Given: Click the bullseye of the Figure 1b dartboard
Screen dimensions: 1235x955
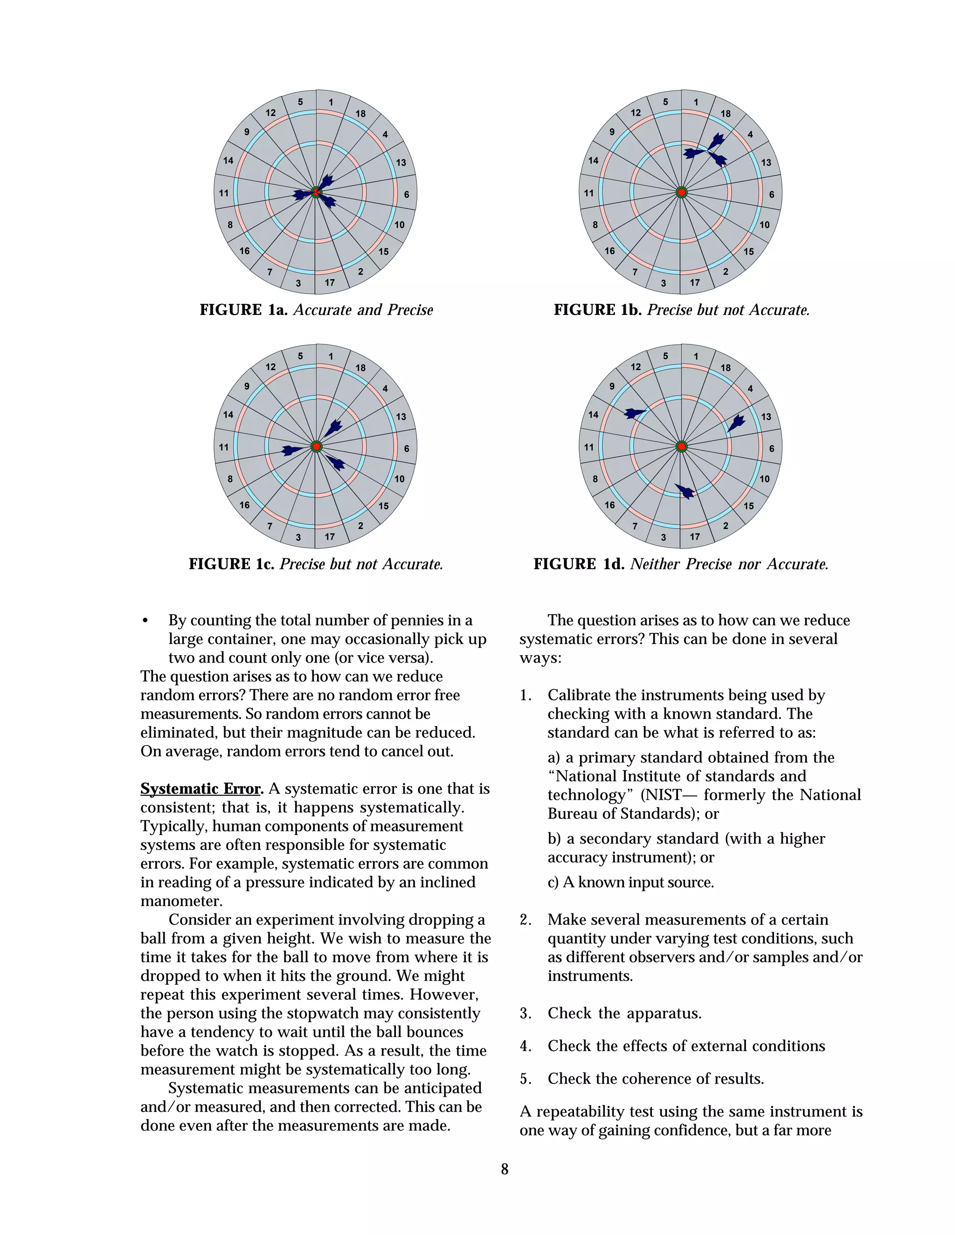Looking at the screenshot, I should (x=682, y=193).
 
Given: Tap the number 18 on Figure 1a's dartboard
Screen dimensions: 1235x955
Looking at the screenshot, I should (x=360, y=114).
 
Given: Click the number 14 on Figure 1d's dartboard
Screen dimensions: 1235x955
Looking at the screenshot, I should (x=593, y=414).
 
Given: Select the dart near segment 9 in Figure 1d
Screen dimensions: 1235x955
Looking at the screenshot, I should (x=635, y=413).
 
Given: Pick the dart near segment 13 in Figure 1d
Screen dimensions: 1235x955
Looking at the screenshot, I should (x=735, y=422).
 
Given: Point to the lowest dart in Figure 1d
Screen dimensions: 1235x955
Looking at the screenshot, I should (x=685, y=491).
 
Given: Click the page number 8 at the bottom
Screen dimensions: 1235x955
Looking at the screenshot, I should (x=505, y=1169).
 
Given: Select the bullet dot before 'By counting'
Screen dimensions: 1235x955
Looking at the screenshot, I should (x=145, y=621).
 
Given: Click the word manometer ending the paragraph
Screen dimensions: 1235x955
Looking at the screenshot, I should (x=180, y=901).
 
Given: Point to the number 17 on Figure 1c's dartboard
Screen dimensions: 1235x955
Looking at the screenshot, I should (x=330, y=536).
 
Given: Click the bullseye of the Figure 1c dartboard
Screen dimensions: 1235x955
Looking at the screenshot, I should (x=316, y=447).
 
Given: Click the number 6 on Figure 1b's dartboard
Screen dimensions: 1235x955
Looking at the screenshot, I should (x=771, y=194).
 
